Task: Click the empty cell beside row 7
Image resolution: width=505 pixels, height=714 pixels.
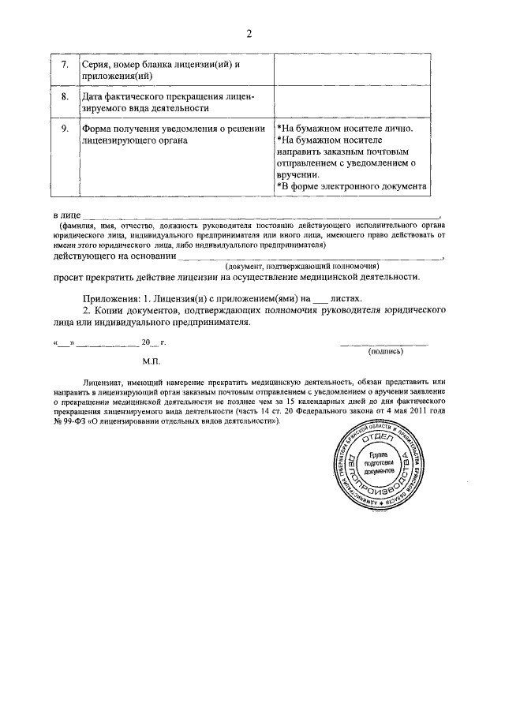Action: click(x=352, y=69)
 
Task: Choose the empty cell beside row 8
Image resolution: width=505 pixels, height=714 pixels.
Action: click(x=352, y=101)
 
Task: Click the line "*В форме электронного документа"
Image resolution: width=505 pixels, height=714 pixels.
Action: click(x=352, y=186)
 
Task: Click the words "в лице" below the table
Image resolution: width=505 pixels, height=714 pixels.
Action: click(x=65, y=215)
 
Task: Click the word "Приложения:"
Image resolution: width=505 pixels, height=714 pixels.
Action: click(x=111, y=299)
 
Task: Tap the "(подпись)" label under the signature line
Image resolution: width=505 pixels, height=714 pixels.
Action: click(x=385, y=352)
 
